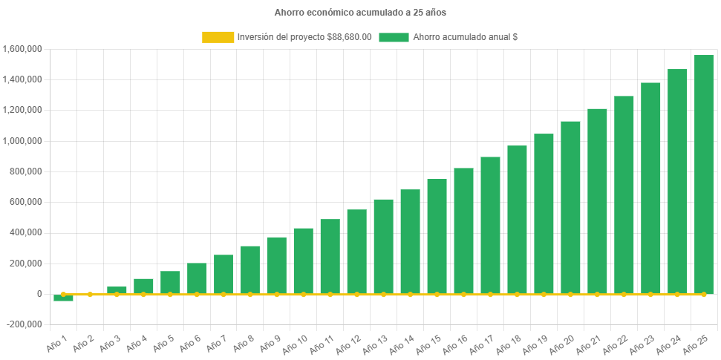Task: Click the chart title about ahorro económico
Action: click(360, 13)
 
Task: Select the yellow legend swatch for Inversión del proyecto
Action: click(217, 37)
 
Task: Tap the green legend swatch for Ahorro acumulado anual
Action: click(394, 37)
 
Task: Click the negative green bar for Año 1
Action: click(63, 298)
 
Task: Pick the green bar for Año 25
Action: click(703, 174)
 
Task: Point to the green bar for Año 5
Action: click(170, 283)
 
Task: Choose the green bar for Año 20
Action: click(570, 208)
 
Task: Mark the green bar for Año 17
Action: click(490, 226)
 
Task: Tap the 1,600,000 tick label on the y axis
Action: click(22, 49)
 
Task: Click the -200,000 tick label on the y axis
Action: click(25, 324)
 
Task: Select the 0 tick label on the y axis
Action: click(39, 294)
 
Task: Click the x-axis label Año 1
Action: click(56, 343)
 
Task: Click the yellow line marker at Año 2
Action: click(90, 295)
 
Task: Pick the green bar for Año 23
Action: click(650, 189)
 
